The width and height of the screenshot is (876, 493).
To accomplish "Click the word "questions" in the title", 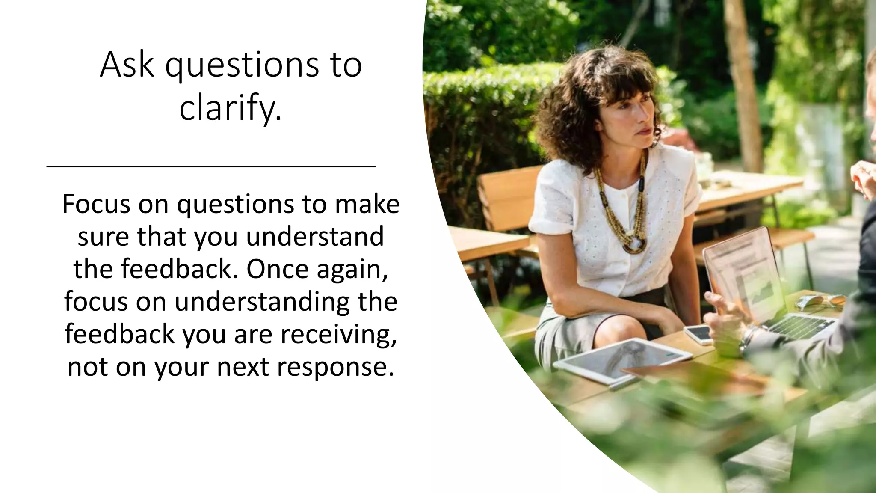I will click(242, 65).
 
